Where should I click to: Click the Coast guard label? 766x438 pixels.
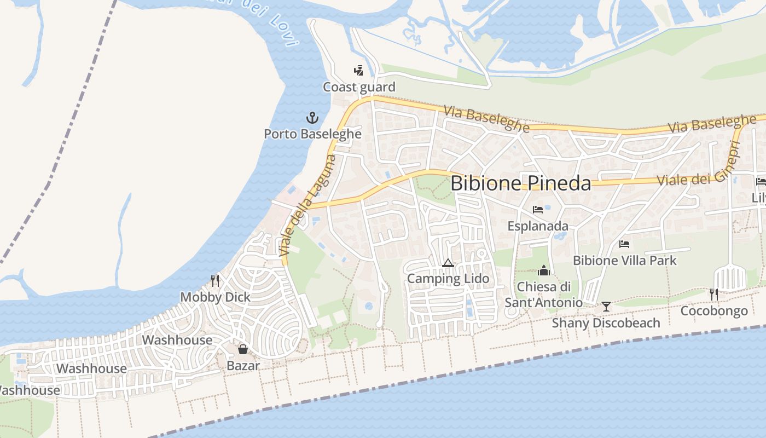(359, 87)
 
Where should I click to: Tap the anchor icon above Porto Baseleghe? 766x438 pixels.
(312, 117)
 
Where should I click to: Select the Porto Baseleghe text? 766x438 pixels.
(312, 134)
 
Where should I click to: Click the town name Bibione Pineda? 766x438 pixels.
(520, 183)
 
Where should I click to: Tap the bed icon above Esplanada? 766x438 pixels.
(538, 210)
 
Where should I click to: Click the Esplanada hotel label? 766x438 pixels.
(538, 226)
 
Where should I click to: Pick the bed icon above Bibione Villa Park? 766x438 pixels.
(624, 244)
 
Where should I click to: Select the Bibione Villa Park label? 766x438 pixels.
(624, 260)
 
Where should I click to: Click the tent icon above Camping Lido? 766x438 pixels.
(448, 263)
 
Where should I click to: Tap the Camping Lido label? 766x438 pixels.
(448, 279)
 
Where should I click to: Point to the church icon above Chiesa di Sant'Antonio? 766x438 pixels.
(543, 270)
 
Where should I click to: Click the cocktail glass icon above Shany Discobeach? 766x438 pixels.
(606, 307)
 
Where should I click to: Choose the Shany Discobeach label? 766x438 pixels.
(606, 322)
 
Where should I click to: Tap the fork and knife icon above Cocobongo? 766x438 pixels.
(714, 295)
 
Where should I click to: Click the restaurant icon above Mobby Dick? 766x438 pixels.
(215, 281)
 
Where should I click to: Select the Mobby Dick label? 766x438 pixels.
(215, 297)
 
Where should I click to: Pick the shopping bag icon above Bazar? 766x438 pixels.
(242, 349)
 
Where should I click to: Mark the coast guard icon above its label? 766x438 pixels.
(359, 71)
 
